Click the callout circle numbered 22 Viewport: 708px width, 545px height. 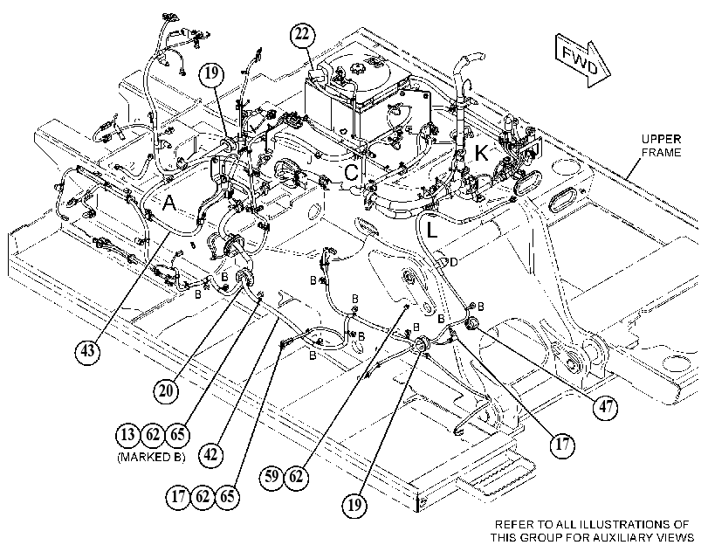click(x=303, y=35)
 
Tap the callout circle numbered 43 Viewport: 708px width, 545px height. click(x=87, y=349)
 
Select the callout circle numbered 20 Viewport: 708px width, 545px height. click(x=166, y=390)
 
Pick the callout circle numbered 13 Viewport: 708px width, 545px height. click(x=128, y=435)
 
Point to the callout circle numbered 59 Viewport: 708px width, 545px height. click(x=272, y=476)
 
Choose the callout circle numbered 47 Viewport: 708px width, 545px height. click(x=606, y=407)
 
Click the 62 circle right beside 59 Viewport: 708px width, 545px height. click(x=296, y=476)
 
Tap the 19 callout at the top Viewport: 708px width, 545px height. click(x=212, y=72)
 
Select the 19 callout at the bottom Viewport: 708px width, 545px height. click(x=354, y=504)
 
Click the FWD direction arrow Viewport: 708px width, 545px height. click(x=582, y=61)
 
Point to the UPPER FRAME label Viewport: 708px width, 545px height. click(x=661, y=146)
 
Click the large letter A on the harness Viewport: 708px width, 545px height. click(x=169, y=204)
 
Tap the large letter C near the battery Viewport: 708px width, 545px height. click(x=352, y=172)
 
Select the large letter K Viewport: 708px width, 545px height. click(x=481, y=153)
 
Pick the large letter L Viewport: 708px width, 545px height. click(x=431, y=230)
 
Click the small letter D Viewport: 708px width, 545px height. click(x=453, y=262)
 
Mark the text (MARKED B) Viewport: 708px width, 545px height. click(x=151, y=457)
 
